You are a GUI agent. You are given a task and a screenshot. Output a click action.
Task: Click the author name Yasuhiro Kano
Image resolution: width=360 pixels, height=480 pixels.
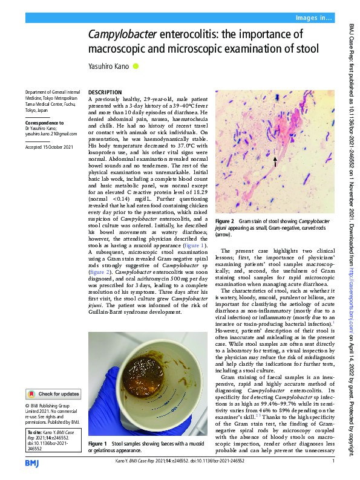tap(110, 66)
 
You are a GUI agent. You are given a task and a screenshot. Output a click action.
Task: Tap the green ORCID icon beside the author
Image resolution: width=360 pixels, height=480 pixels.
tap(136, 66)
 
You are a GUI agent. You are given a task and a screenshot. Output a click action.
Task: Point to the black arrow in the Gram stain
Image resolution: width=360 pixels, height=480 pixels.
tap(275, 161)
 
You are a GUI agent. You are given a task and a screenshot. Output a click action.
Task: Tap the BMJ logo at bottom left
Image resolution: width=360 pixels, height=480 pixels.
tap(32, 462)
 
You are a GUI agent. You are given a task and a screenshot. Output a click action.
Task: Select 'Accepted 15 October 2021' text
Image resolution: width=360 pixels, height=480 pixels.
tap(50, 148)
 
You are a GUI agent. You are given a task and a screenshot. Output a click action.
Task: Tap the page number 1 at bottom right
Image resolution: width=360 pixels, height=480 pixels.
tap(333, 461)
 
